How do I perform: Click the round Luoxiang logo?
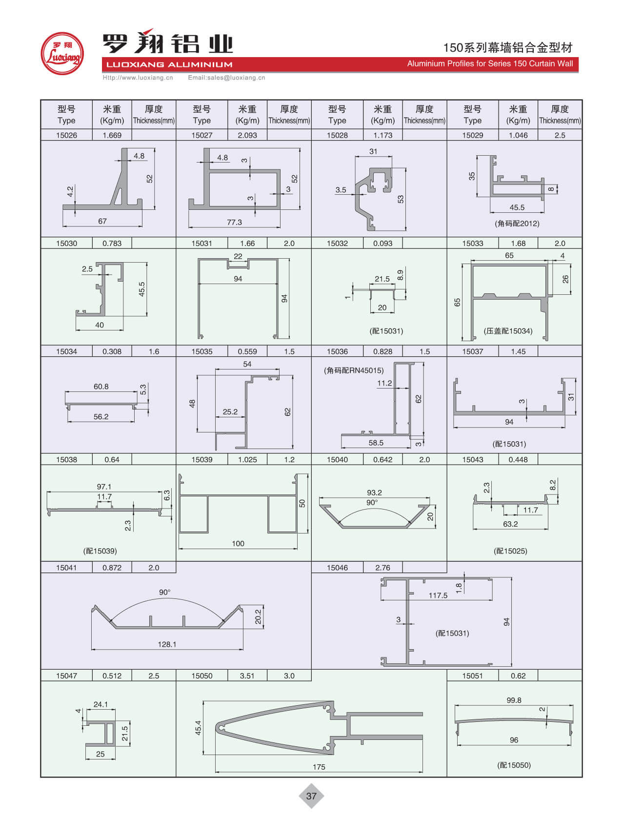(62, 54)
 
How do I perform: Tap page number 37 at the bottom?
(311, 796)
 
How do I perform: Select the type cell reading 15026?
(66, 135)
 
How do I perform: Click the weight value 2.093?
(247, 135)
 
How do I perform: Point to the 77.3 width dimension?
(234, 222)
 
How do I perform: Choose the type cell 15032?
(337, 243)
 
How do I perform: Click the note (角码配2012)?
(517, 224)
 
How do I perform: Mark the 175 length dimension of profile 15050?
(319, 767)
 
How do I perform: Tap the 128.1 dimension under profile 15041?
(167, 644)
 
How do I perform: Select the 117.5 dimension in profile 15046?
(438, 595)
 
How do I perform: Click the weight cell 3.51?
(247, 676)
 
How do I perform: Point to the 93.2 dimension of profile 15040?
(374, 492)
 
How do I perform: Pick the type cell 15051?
(472, 676)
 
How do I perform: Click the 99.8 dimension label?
(514, 700)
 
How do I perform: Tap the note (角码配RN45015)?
(354, 370)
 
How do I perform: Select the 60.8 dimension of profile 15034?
(101, 387)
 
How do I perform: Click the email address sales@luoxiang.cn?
(226, 78)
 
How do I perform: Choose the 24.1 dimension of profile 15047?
(100, 704)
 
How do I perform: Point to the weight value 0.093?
(382, 243)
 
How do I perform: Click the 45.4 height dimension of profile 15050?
(198, 728)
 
